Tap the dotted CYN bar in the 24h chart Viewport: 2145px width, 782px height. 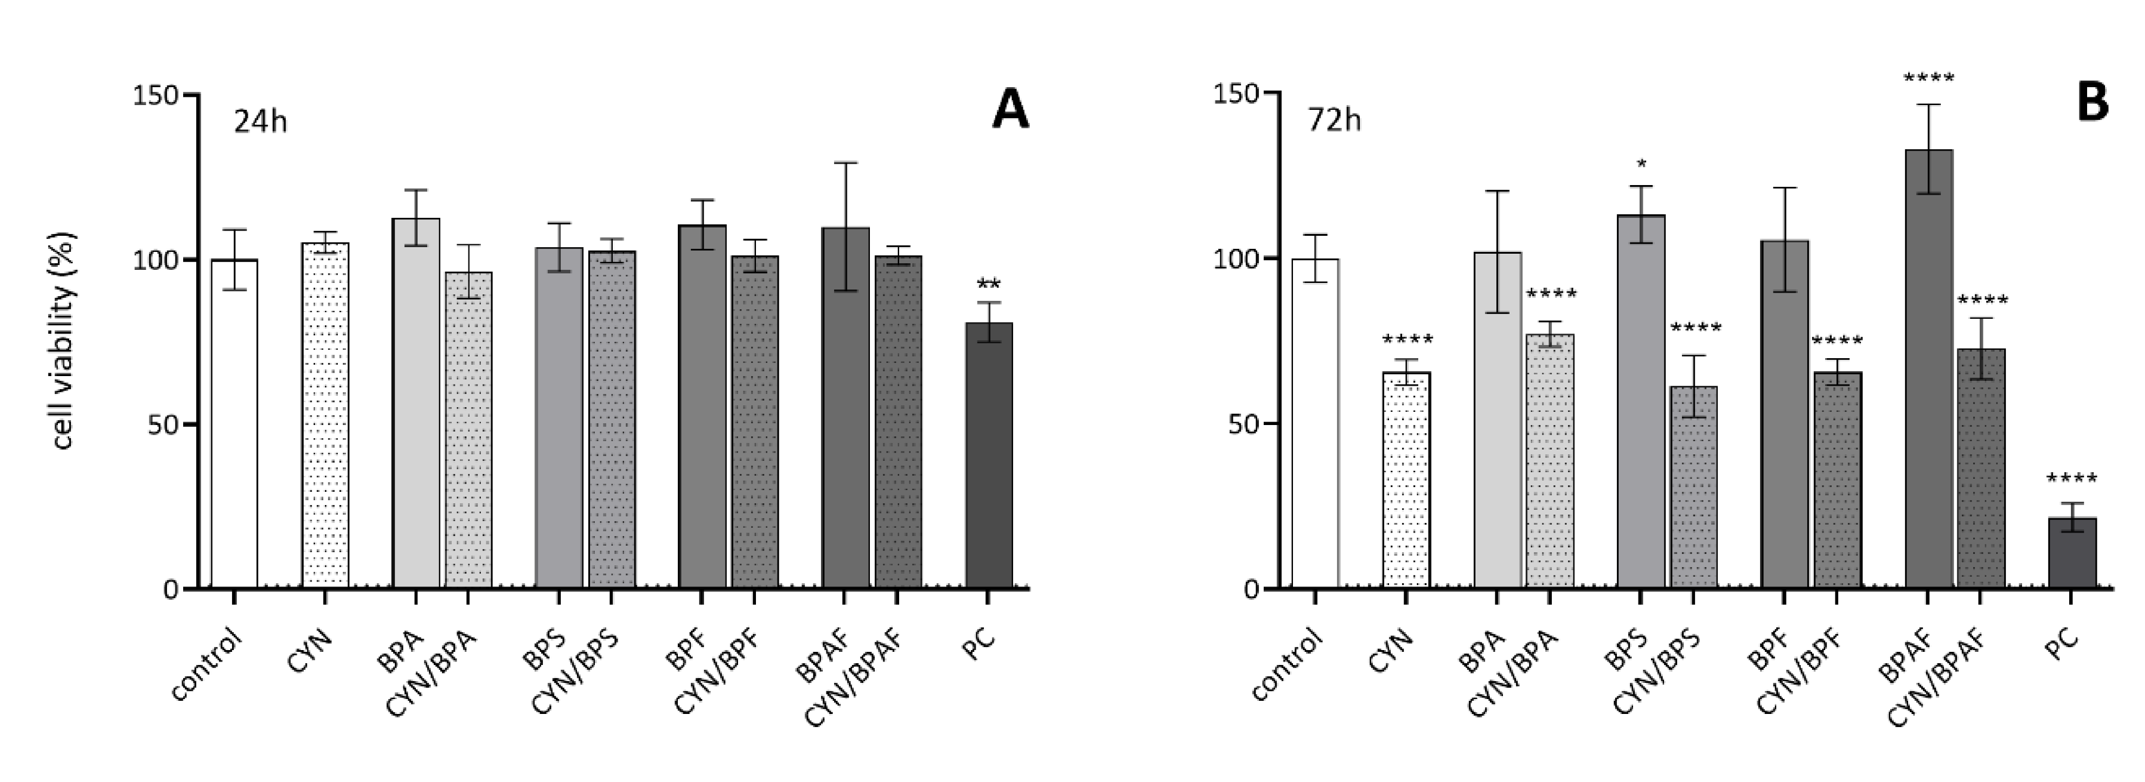coord(326,417)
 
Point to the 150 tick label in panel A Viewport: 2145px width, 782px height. coord(156,95)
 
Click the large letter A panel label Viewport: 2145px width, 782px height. coord(1010,111)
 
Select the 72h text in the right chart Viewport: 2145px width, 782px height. coord(1334,121)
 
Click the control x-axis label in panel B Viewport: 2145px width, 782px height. coord(1286,666)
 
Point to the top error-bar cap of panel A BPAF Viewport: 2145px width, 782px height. coord(845,163)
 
